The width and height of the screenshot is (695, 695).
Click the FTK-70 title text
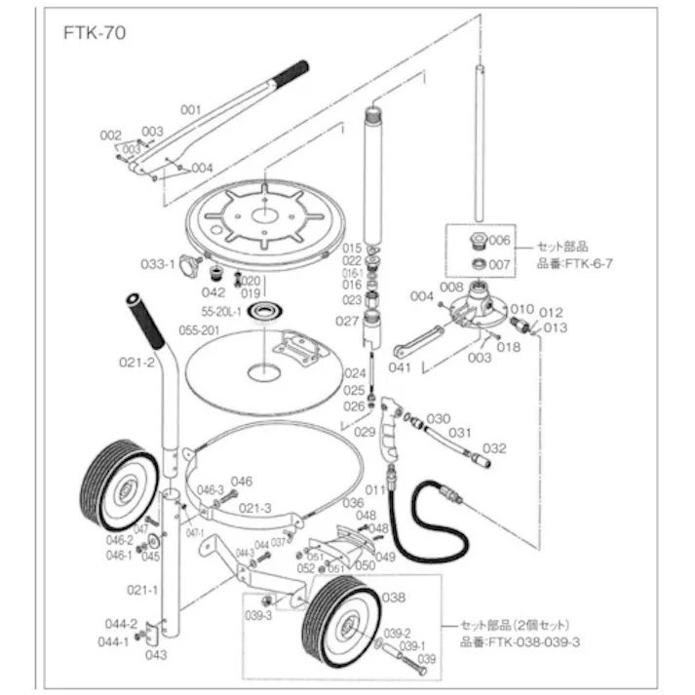tap(93, 32)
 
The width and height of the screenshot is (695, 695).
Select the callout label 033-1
tap(157, 263)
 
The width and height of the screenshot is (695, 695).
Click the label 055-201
tap(197, 330)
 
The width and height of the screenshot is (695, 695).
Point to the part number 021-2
tap(136, 362)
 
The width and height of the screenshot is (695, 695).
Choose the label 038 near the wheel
tap(393, 597)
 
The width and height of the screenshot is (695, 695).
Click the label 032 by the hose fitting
tap(494, 448)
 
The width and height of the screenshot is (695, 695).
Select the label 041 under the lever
tap(401, 367)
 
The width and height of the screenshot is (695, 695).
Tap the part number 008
tap(452, 287)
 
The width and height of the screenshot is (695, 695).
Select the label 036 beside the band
tap(352, 502)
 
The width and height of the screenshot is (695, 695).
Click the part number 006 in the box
tap(499, 240)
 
